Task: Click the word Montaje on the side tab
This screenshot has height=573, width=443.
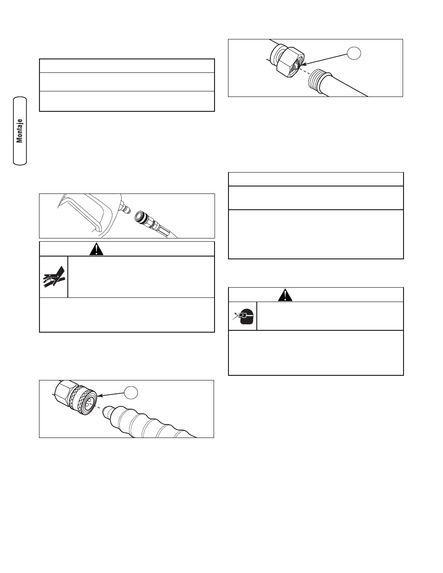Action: (20, 131)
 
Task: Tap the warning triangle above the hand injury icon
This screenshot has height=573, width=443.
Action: (96, 249)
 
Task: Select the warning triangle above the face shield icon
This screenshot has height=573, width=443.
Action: (285, 295)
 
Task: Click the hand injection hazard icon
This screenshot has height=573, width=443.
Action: (53, 277)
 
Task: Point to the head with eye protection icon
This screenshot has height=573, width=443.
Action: (244, 316)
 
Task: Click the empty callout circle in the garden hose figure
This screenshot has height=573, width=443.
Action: (353, 53)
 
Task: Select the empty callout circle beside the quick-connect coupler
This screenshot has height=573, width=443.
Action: (131, 393)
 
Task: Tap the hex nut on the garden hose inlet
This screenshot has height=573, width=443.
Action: (290, 62)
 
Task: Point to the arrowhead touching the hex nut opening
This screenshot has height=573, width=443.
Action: (304, 64)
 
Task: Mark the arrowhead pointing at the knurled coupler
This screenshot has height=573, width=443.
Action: (100, 396)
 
